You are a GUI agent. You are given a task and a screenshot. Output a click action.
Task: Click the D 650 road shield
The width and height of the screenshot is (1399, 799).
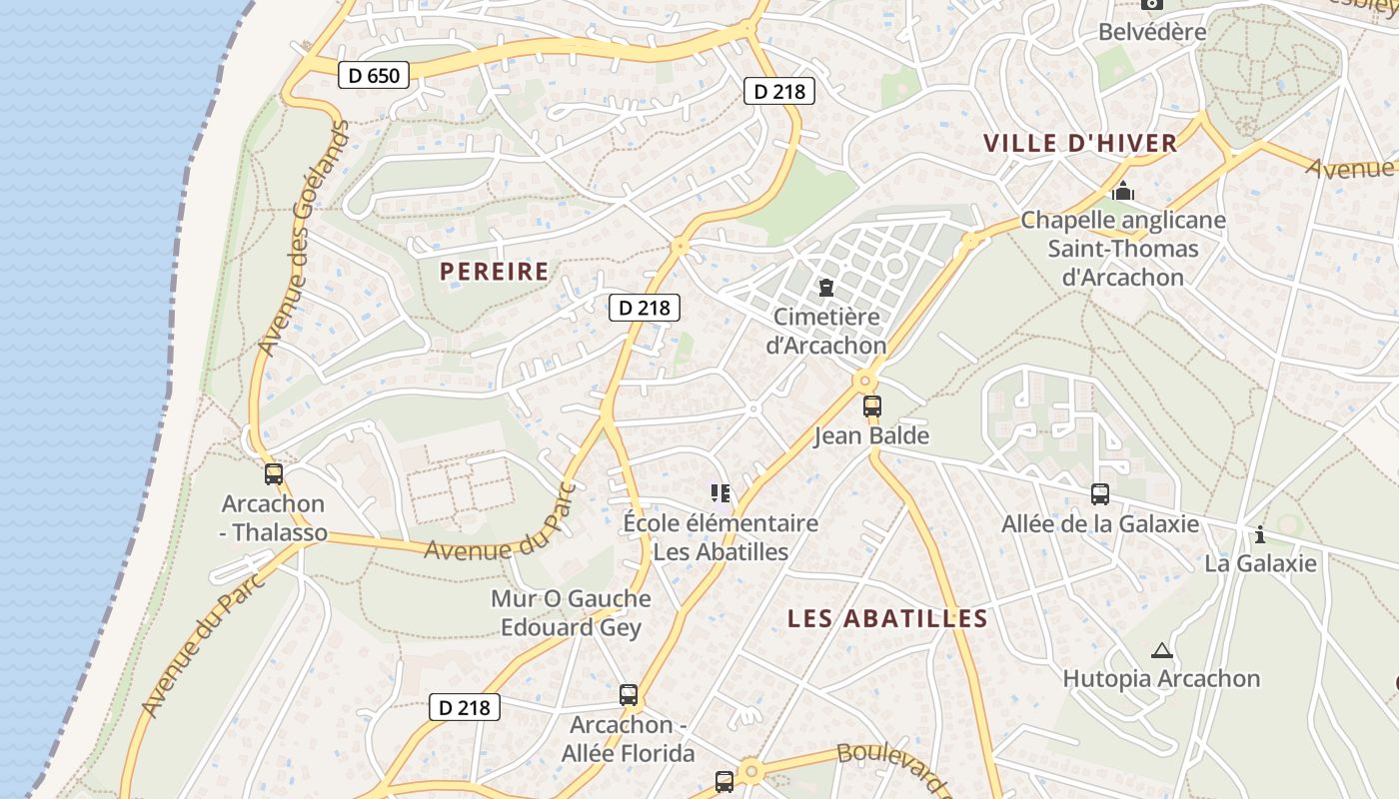pyautogui.click(x=374, y=75)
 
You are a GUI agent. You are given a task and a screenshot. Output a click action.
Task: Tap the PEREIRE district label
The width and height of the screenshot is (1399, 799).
pyautogui.click(x=494, y=271)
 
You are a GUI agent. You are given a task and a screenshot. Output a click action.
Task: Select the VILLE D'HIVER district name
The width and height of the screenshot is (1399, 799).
pyautogui.click(x=1080, y=143)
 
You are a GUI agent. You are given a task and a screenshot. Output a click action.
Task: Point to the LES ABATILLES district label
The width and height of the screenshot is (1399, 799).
pyautogui.click(x=887, y=618)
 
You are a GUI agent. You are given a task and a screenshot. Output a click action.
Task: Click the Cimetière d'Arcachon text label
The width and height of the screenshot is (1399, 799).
pyautogui.click(x=825, y=332)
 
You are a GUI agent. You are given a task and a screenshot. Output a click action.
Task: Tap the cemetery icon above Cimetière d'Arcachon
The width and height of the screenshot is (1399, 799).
pyautogui.click(x=826, y=289)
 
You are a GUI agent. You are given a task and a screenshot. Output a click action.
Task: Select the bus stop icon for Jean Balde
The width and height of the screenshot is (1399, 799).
pyautogui.click(x=872, y=406)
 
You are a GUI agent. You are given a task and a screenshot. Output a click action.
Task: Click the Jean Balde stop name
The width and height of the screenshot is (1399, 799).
pyautogui.click(x=871, y=436)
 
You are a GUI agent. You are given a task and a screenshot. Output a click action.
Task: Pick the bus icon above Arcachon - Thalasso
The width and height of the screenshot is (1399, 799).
pyautogui.click(x=274, y=474)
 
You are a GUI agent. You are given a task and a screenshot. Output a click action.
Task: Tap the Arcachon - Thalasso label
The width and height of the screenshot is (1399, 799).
pyautogui.click(x=274, y=518)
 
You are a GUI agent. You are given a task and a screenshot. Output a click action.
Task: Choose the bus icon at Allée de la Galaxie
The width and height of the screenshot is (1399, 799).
pyautogui.click(x=1100, y=494)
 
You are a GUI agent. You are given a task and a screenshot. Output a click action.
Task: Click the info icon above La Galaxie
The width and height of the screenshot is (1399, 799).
pyautogui.click(x=1259, y=534)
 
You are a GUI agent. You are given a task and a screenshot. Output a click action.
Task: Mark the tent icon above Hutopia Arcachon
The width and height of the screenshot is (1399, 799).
pyautogui.click(x=1161, y=651)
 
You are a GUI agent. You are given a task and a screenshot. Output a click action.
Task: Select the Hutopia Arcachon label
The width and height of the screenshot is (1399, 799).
pyautogui.click(x=1161, y=679)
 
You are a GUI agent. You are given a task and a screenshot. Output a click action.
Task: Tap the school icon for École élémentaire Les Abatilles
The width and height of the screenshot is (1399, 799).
pyautogui.click(x=720, y=492)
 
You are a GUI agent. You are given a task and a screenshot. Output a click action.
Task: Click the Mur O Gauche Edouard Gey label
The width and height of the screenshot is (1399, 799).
pyautogui.click(x=571, y=613)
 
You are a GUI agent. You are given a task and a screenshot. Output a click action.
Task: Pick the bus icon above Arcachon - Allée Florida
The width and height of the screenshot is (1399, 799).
pyautogui.click(x=629, y=695)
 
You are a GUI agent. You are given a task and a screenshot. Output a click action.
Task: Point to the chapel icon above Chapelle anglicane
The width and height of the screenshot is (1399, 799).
pyautogui.click(x=1123, y=190)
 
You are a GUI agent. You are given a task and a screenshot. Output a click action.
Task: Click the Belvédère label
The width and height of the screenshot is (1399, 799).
pyautogui.click(x=1152, y=32)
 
